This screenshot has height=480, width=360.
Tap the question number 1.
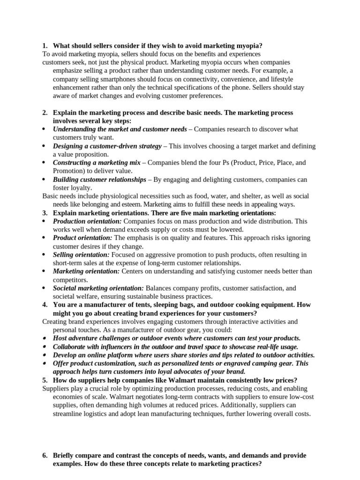[44, 45]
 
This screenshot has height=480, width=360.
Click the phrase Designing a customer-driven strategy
[107, 146]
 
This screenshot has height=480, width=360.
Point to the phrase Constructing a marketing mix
[97, 163]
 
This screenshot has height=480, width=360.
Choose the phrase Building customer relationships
[99, 180]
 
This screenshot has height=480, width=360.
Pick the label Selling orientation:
[81, 255]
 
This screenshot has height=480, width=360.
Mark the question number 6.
[44, 456]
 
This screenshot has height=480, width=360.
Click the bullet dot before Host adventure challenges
[44, 338]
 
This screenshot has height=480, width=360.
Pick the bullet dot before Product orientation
[44, 238]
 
